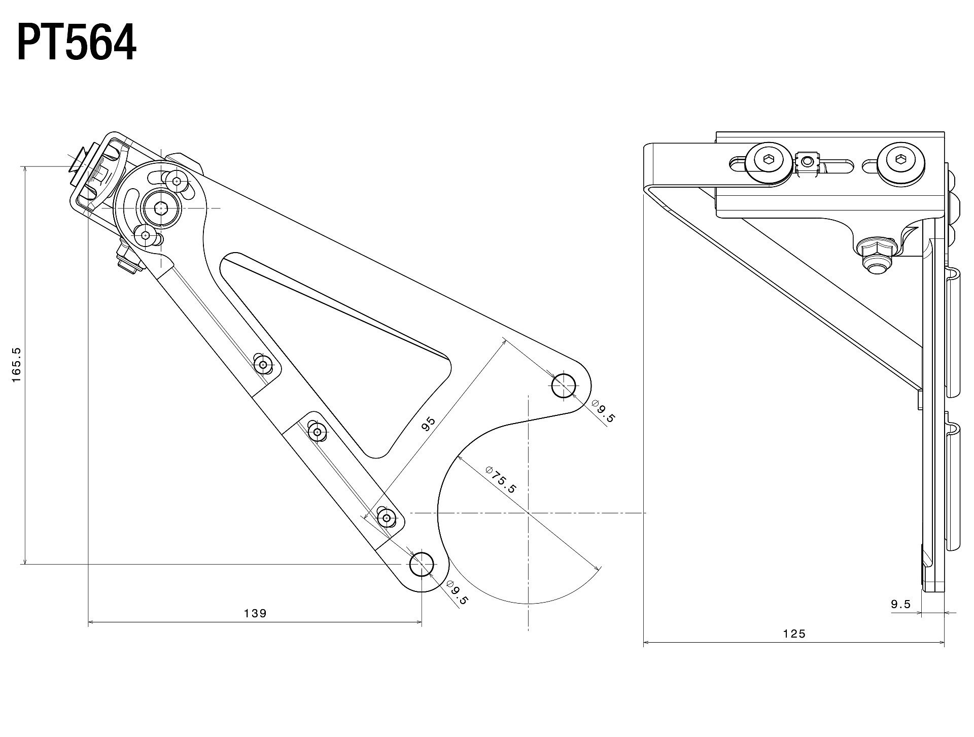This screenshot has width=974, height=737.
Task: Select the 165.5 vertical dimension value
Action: click(16, 365)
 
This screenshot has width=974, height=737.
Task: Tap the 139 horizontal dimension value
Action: click(255, 613)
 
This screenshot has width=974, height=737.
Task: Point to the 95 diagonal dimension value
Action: click(429, 424)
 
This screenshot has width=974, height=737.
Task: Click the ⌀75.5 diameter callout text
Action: click(500, 479)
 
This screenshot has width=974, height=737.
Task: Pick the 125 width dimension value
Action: click(794, 634)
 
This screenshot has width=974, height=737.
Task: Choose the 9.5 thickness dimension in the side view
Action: click(900, 604)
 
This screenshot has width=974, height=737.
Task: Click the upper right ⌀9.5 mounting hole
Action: click(564, 386)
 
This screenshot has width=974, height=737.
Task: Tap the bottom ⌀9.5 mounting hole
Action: click(422, 564)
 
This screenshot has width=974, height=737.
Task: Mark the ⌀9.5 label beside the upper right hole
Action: click(603, 411)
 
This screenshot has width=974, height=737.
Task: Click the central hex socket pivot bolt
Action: click(161, 208)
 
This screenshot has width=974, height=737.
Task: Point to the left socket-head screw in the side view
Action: click(770, 162)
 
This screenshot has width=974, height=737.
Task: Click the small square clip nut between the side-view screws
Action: click(808, 162)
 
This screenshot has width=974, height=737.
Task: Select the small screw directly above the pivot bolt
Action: click(177, 181)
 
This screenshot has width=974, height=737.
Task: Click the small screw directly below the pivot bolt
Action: click(146, 235)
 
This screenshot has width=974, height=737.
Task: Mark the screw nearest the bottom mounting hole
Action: click(387, 518)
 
